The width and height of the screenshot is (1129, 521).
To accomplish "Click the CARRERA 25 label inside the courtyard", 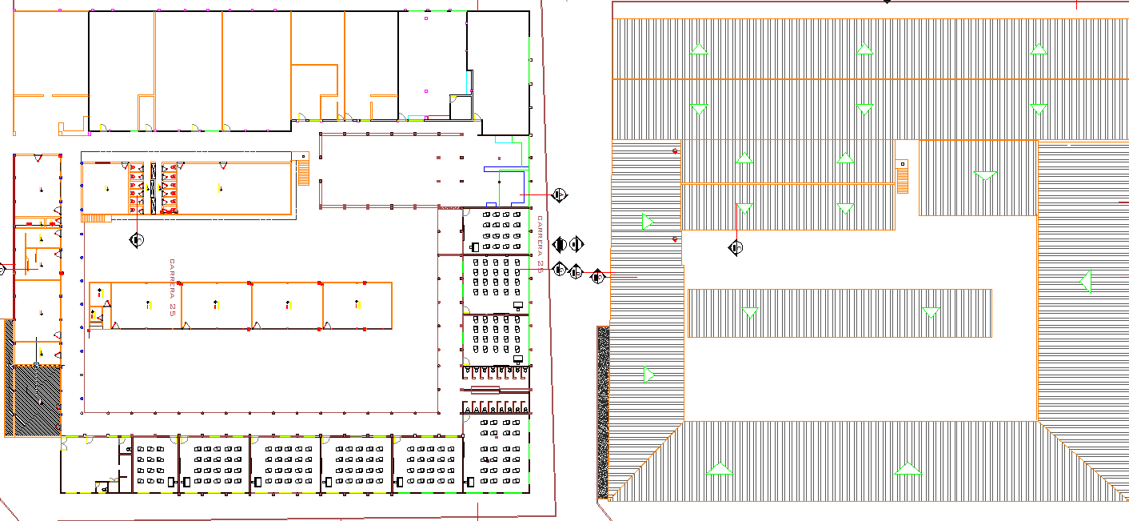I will (172, 288).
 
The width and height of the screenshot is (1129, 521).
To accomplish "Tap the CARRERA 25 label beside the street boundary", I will (541, 244).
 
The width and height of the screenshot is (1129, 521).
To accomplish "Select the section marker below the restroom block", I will (138, 239).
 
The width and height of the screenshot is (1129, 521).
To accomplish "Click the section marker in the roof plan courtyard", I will (736, 248).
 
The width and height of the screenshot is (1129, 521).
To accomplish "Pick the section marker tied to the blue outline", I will (560, 194).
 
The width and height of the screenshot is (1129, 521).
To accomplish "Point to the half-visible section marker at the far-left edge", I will (2, 269).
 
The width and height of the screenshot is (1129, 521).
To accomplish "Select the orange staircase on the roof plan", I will (903, 177).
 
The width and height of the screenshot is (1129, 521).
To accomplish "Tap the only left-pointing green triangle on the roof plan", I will (1085, 281).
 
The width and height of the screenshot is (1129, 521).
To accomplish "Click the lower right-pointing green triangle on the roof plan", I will (649, 375).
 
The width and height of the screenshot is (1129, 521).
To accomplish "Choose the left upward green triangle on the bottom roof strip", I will (720, 469).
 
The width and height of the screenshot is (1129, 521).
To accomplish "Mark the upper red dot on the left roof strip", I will (676, 151).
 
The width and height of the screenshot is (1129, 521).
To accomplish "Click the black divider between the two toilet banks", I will (153, 188).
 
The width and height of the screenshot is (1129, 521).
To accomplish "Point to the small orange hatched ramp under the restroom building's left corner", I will (93, 218).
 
